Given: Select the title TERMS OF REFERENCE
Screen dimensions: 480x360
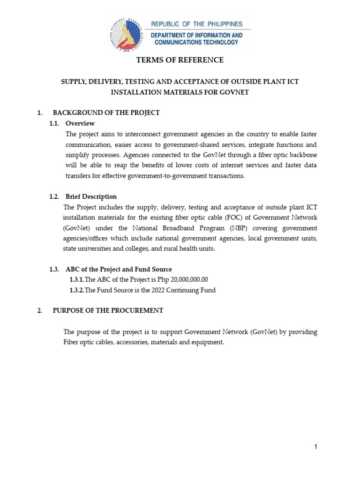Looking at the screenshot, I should coord(180,60).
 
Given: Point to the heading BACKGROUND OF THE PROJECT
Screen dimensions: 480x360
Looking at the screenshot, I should coord(106,112).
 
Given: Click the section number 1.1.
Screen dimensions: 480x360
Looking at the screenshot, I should coord(55,123).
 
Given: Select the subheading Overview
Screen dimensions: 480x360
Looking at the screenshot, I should coord(80,123).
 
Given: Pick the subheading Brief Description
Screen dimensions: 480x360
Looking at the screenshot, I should coord(91,196).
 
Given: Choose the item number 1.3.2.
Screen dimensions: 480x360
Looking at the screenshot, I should coord(77,290).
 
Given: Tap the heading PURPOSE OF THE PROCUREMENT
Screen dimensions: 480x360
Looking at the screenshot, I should coord(108,310).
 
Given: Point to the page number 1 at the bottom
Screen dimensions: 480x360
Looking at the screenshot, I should coord(316,447).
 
